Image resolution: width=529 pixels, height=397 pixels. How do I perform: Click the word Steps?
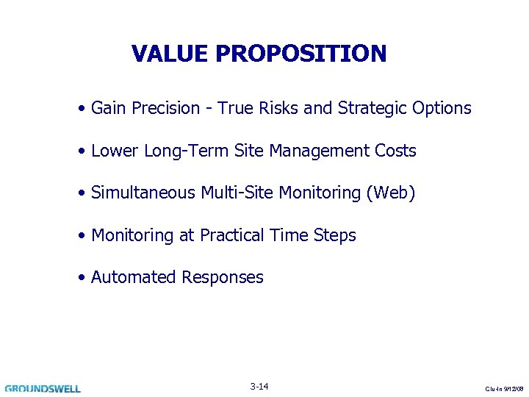[x=334, y=236]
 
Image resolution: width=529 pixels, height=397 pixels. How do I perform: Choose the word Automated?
[x=134, y=278]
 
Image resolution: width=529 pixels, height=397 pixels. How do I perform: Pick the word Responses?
[x=223, y=278]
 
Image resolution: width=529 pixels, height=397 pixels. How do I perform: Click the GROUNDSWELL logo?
[x=43, y=388]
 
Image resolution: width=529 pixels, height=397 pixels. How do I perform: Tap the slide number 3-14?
[x=259, y=386]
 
